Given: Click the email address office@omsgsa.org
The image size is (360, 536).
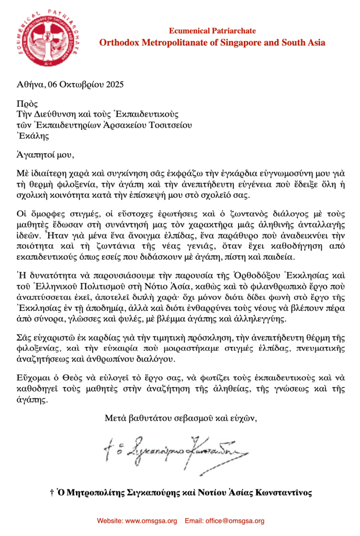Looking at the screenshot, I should [238, 521].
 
